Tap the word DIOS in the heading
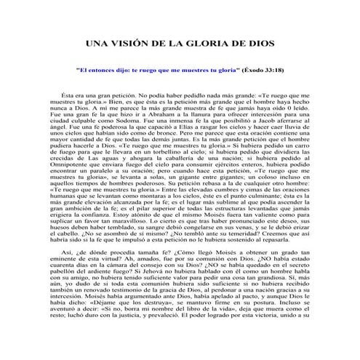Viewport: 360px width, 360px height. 257,44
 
